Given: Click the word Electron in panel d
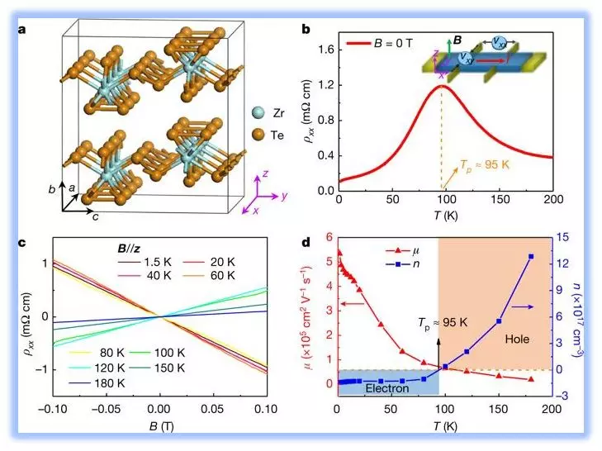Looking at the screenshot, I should (389, 387).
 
